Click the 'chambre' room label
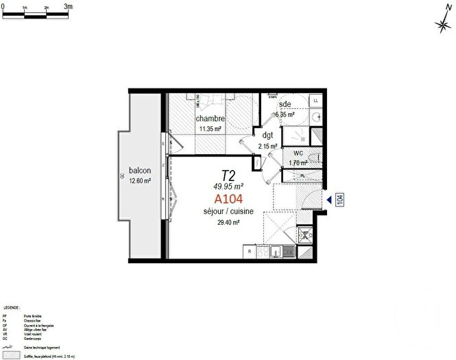(x=210, y=119)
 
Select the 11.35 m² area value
(x=210, y=128)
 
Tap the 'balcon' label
(x=139, y=171)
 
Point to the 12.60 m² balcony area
(x=139, y=180)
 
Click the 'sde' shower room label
(x=285, y=104)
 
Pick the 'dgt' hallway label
(x=268, y=136)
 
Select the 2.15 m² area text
(x=268, y=146)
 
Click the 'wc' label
(x=298, y=153)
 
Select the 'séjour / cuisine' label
(x=229, y=212)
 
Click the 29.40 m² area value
(x=228, y=222)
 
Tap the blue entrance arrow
(x=329, y=200)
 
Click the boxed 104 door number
(x=339, y=200)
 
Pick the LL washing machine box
(x=315, y=101)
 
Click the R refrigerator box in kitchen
(x=249, y=252)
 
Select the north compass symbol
(x=442, y=25)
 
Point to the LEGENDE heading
(x=12, y=309)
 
